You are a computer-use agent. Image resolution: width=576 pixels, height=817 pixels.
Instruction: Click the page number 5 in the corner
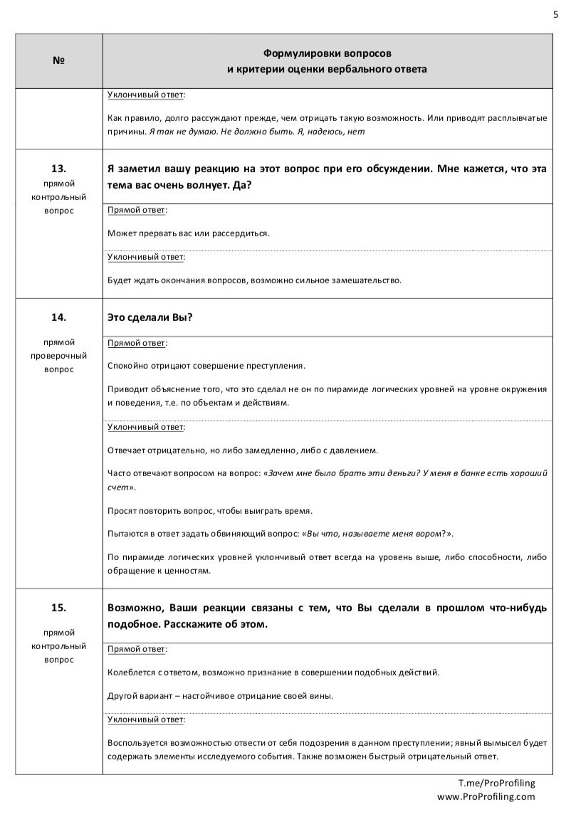[555, 14]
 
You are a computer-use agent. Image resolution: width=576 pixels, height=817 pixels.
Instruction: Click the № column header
[58, 61]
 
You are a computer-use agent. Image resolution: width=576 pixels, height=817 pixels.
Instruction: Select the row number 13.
[58, 169]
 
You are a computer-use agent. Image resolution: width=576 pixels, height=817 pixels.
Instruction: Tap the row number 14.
[58, 317]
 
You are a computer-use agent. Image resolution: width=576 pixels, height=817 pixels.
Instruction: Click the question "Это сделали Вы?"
[150, 317]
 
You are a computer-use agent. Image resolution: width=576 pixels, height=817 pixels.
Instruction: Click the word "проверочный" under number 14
[59, 355]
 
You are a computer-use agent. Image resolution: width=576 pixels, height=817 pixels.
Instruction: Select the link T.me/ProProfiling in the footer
[496, 783]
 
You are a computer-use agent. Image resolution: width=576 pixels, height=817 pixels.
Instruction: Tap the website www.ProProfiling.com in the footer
[486, 796]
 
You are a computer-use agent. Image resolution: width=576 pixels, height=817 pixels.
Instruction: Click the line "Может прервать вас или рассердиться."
[189, 233]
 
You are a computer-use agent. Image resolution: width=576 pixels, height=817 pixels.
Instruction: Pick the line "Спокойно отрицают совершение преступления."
[206, 366]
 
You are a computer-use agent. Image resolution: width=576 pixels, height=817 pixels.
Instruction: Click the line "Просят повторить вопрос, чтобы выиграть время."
[210, 510]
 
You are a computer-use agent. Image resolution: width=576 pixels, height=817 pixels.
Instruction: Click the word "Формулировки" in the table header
[293, 53]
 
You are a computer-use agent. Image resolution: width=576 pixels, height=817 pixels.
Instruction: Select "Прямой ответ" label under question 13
[137, 210]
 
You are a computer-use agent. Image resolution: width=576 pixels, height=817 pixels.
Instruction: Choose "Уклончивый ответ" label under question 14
[146, 427]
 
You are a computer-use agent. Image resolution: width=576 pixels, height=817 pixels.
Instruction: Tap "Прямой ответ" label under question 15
[137, 649]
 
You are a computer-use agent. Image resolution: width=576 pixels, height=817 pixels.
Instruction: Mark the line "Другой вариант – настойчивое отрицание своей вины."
[220, 695]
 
